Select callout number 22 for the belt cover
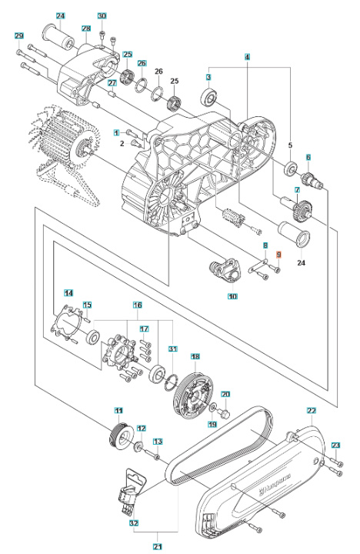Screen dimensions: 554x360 [x=312, y=411]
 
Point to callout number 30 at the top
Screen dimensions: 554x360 [x=102, y=16]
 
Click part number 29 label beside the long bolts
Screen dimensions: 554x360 [x=19, y=36]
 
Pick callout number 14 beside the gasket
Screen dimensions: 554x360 [x=68, y=293]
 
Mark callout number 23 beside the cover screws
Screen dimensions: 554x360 [x=335, y=446]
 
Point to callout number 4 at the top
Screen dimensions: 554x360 [x=247, y=58]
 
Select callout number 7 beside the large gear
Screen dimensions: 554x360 [x=295, y=190]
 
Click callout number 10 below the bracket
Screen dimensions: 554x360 [x=232, y=295]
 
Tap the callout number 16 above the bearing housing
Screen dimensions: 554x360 [x=138, y=305]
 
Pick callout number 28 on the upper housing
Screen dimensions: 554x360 [x=86, y=28]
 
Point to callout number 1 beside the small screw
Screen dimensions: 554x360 [x=117, y=132]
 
